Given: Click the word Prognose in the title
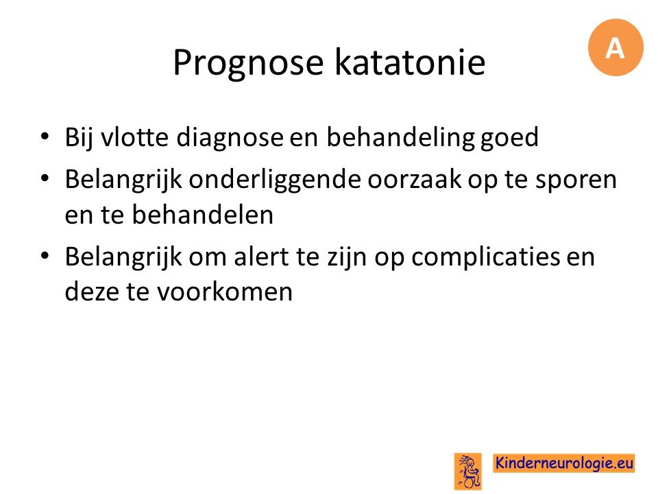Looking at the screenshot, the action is [248, 62].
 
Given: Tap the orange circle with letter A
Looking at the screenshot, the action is [616, 47].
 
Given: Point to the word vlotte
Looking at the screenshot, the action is [134, 137].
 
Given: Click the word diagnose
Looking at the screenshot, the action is [230, 139].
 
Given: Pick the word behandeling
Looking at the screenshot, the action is [400, 139].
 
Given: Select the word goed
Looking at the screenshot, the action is [509, 139].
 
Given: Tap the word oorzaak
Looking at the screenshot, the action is [414, 180].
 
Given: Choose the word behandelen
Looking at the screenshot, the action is [203, 215].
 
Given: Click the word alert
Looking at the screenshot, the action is [261, 257].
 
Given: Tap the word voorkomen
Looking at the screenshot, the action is [225, 292].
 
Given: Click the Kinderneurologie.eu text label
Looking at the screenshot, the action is [564, 463].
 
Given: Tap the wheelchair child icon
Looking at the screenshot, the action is [468, 471].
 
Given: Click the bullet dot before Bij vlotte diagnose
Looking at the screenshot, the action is [45, 137].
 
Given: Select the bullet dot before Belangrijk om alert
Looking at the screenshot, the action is [45, 256].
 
